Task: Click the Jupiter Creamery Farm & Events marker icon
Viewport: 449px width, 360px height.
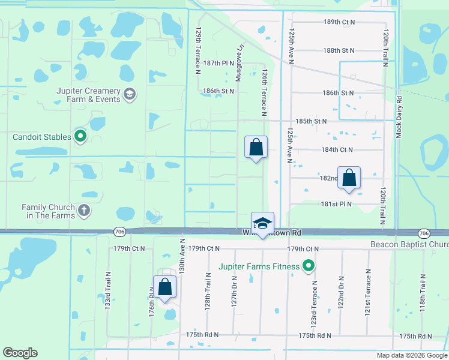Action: pyautogui.click(x=129, y=94)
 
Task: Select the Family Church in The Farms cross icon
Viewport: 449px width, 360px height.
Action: pyautogui.click(x=84, y=211)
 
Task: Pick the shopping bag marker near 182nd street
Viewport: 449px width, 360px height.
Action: pyautogui.click(x=349, y=178)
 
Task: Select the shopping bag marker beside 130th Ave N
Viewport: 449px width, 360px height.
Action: pyautogui.click(x=165, y=287)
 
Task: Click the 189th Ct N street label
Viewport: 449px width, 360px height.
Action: pyautogui.click(x=339, y=22)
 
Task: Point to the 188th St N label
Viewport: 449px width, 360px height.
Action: pyautogui.click(x=339, y=51)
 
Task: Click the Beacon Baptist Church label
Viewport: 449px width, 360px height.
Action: pyautogui.click(x=409, y=244)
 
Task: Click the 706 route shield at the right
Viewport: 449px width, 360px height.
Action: pyautogui.click(x=423, y=233)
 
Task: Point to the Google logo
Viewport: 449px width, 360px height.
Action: pyautogui.click(x=20, y=353)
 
